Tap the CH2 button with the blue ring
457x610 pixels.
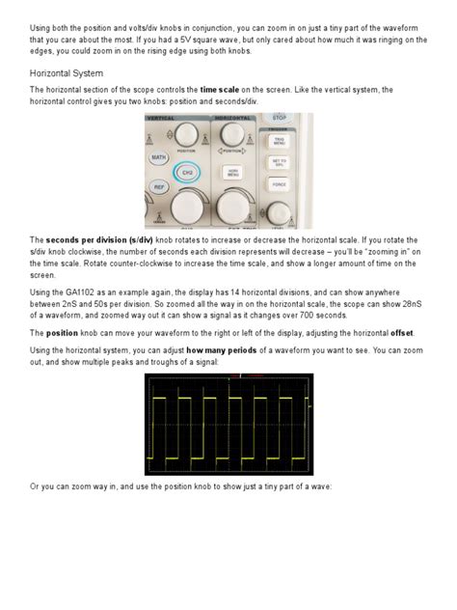[x=189, y=172]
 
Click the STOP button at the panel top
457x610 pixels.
[x=280, y=118]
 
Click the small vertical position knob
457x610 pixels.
[x=188, y=135]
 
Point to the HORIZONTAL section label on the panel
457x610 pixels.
[x=232, y=118]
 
